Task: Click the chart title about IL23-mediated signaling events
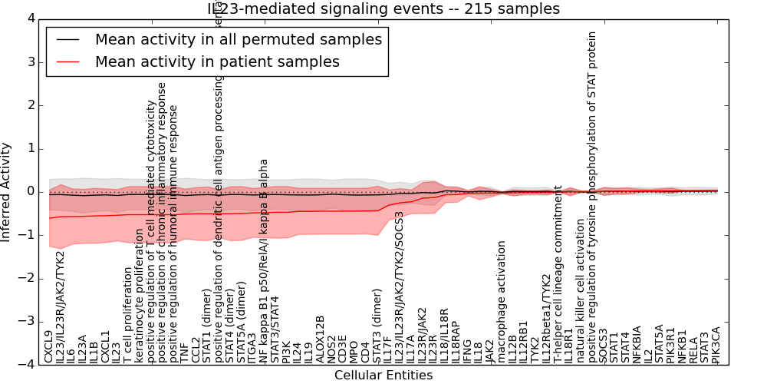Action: (x=383, y=8)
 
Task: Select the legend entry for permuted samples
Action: (x=238, y=39)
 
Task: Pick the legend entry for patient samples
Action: (x=217, y=62)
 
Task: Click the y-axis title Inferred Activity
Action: (x=7, y=191)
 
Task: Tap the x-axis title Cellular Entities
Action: (x=383, y=376)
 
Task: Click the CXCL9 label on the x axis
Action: (x=49, y=346)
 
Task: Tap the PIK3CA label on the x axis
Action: (x=716, y=343)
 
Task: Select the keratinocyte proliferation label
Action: (x=139, y=296)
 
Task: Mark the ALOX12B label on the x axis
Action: (x=320, y=339)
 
